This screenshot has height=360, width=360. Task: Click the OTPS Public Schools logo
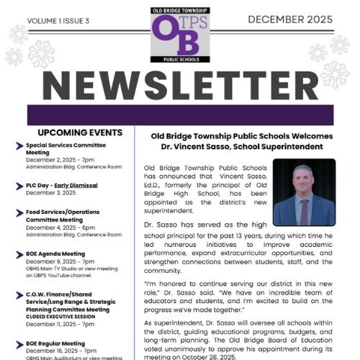click(179, 37)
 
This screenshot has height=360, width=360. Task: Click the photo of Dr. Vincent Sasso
click(304, 192)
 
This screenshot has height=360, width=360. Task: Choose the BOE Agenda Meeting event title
click(57, 254)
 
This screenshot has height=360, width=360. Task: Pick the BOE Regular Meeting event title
click(55, 343)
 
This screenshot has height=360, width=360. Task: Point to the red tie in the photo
click(304, 210)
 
